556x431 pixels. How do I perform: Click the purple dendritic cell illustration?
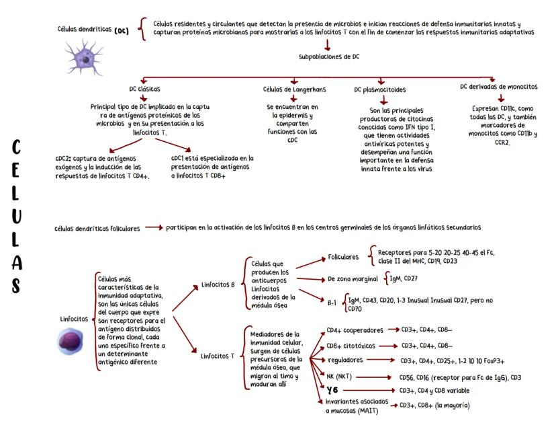pos(84,56)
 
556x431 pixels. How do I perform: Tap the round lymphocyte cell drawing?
pos(70,340)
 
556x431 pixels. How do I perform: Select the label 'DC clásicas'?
pos(144,89)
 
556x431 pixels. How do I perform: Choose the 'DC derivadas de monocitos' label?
pos(499,87)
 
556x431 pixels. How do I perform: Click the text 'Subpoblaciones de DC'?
pos(329,57)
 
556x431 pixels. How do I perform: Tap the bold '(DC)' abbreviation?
pos(122,31)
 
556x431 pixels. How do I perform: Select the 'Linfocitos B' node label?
pos(218,284)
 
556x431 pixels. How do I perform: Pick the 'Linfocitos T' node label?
pos(218,356)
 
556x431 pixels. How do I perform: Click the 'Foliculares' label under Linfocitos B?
pos(344,257)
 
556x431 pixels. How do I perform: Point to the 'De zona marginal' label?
pos(353,278)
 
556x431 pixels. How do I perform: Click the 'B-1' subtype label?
pos(332,303)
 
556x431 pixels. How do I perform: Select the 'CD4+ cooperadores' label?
pos(355,330)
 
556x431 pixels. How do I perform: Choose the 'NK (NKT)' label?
pos(340,376)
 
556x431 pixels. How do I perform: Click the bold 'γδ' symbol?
pos(332,390)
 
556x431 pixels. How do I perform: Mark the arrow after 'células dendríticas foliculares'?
pos(154,228)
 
